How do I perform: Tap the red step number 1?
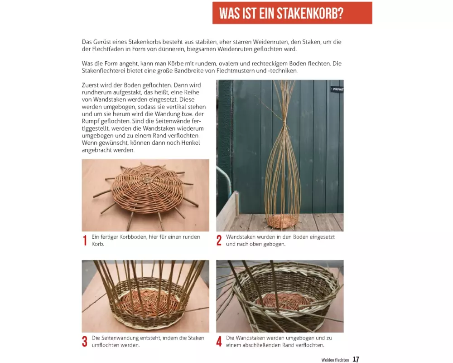(85, 240)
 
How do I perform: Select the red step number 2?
(219, 240)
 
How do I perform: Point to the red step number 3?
(85, 342)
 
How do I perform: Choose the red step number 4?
(219, 342)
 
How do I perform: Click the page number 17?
(356, 359)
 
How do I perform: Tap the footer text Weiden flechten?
(335, 360)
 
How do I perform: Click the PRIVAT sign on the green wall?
(337, 89)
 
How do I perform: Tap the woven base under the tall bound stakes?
(281, 221)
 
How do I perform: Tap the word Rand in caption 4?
(280, 345)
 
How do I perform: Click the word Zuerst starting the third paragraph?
(90, 85)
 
